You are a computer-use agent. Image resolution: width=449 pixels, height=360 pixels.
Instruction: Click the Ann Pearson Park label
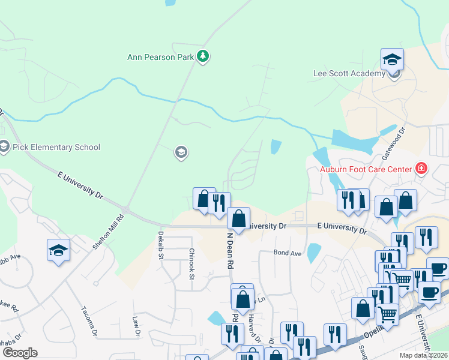[161, 58]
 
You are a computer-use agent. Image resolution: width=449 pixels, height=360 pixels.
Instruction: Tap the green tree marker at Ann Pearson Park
[203, 56]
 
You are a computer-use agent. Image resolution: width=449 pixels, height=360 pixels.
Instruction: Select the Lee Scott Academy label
[349, 74]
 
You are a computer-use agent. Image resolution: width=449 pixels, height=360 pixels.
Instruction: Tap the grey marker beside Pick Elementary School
[4, 146]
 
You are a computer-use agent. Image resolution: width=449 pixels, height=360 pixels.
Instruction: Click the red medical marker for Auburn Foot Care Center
[421, 168]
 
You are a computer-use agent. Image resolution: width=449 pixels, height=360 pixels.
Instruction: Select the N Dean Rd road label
[229, 250]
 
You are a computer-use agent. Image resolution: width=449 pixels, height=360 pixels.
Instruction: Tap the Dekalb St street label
[161, 245]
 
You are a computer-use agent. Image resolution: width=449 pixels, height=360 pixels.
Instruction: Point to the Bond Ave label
[288, 253]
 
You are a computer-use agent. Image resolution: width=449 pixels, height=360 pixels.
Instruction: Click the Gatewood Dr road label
[394, 143]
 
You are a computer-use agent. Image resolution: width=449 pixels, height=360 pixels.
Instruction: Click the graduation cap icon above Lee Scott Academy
[392, 59]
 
